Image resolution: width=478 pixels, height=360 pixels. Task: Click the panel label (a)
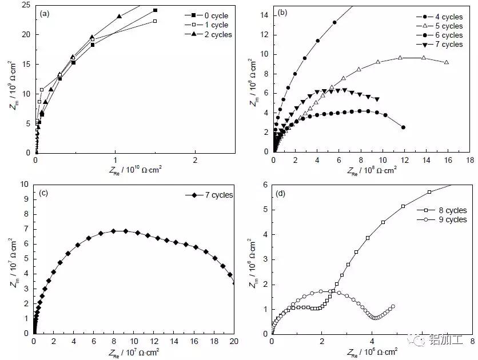[x=45, y=12]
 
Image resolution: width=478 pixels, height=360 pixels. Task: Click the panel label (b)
[x=282, y=12]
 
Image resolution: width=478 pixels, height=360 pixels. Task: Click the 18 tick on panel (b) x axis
[x=469, y=161]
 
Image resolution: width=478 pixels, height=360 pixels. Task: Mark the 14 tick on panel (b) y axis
[x=264, y=15]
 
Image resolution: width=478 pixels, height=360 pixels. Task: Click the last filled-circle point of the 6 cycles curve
[x=404, y=127]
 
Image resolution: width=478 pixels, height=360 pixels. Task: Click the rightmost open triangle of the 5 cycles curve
[x=446, y=62]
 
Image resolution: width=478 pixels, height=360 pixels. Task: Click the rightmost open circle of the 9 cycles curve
[x=393, y=307]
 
